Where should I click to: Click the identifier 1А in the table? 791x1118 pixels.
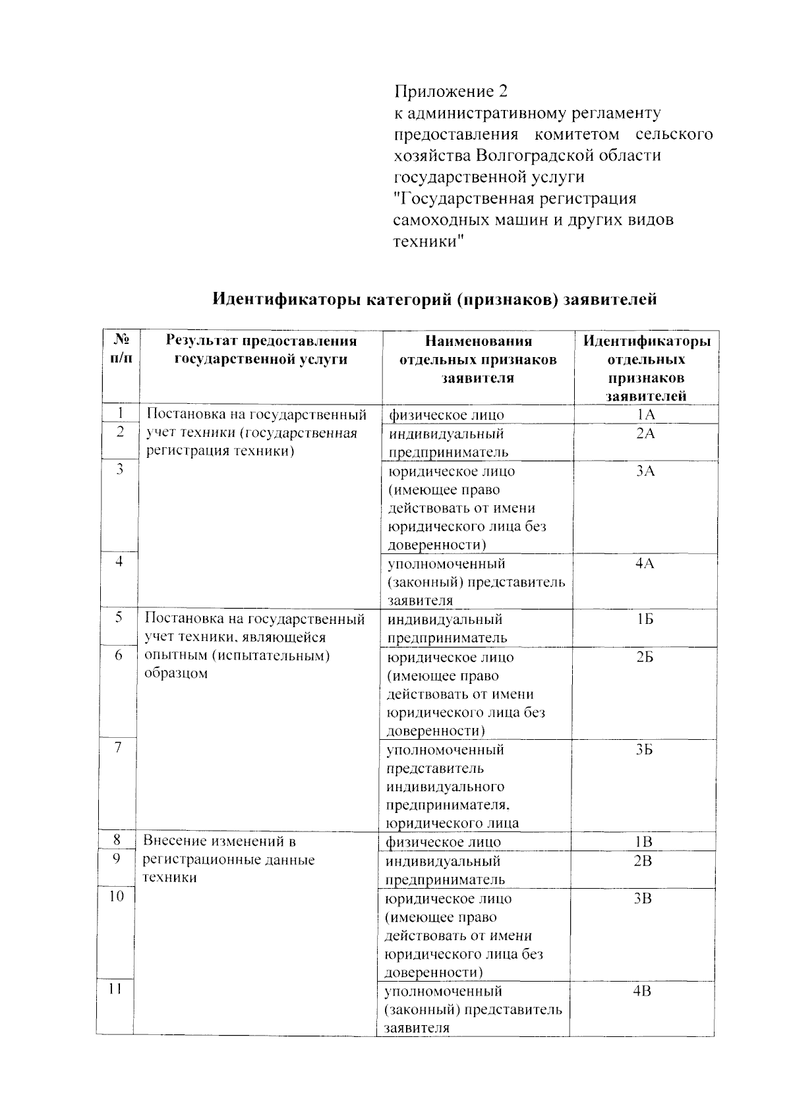[x=645, y=414]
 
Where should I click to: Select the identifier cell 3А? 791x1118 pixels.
[x=645, y=471]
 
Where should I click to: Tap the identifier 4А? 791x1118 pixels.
[x=645, y=563]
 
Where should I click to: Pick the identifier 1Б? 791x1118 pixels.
[x=645, y=619]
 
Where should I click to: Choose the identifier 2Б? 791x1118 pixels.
[x=645, y=657]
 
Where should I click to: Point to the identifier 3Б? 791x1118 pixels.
[x=644, y=750]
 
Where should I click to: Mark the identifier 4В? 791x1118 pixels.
[x=642, y=991]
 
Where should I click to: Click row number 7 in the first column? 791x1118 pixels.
[x=118, y=747]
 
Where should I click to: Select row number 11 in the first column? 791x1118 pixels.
[x=115, y=989]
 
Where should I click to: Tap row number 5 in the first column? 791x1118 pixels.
[x=119, y=617]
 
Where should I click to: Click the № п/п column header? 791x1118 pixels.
[x=121, y=350]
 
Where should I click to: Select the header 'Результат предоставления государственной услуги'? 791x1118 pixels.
[x=261, y=350]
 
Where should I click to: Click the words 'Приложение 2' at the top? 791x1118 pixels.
[x=452, y=91]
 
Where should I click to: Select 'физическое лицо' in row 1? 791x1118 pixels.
[x=446, y=415]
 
